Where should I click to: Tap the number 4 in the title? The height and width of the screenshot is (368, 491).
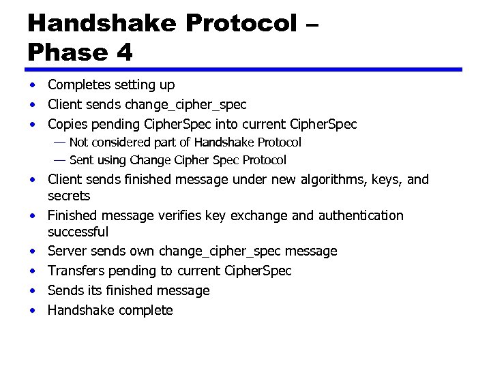(123, 52)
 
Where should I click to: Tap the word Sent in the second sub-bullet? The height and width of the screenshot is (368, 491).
(81, 160)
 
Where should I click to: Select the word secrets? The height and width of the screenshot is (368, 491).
(69, 196)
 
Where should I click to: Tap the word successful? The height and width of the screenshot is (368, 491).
(78, 232)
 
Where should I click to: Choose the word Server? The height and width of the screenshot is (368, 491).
(67, 251)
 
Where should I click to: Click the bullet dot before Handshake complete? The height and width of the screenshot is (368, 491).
(32, 311)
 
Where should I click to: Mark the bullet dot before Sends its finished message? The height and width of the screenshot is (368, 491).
(32, 291)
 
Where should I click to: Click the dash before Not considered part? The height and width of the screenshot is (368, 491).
(59, 142)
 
